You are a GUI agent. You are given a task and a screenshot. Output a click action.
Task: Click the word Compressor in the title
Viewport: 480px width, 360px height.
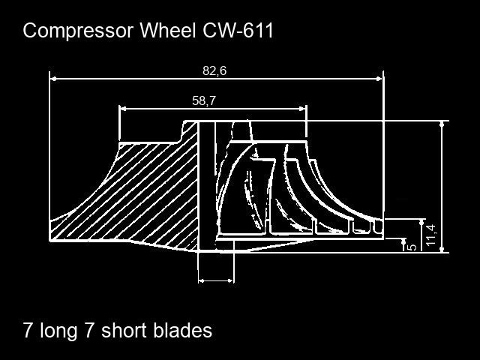coord(78,31)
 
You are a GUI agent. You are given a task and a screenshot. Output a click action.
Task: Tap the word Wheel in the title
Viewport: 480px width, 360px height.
coord(168,30)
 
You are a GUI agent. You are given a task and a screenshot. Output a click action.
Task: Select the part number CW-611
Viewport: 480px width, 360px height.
coord(238,30)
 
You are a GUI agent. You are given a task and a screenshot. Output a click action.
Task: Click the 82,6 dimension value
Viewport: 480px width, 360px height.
coord(214,70)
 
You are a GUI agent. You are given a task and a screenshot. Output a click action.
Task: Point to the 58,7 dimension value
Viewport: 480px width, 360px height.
coord(204,100)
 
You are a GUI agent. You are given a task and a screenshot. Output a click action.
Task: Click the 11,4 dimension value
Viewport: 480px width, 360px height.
coord(431,235)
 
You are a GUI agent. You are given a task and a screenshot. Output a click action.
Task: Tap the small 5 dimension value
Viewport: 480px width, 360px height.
coord(412,247)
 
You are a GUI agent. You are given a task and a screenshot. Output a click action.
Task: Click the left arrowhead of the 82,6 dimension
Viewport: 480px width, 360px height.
coord(53,79)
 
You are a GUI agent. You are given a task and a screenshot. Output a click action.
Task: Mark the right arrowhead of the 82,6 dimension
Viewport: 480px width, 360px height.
coord(379,79)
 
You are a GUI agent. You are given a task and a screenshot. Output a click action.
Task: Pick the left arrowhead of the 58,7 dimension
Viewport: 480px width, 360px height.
coord(123,108)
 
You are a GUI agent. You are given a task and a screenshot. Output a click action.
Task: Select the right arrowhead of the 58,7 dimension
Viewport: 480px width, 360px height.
coord(302,108)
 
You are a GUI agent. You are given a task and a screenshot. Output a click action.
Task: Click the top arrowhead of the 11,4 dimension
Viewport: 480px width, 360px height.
coord(442,124)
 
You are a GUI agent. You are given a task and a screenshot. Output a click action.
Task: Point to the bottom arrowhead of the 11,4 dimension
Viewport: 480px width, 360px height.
coord(442,249)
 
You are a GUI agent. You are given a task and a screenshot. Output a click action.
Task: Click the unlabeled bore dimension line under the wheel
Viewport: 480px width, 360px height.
coord(216,280)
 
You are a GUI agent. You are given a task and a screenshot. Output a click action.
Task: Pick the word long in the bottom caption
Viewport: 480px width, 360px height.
coord(58,331)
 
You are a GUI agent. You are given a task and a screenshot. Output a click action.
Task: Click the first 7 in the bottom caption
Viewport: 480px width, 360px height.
coord(28,331)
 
